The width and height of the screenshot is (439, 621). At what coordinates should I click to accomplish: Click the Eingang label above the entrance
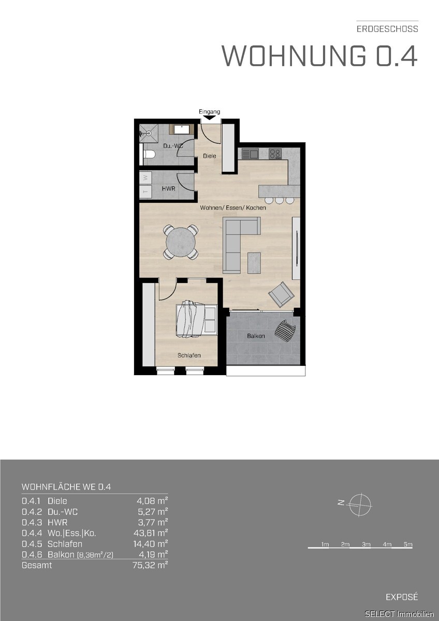(x=209, y=112)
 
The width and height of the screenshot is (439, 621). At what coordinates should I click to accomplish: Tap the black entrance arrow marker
(x=210, y=118)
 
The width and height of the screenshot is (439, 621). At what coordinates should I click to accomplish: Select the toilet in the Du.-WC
(x=149, y=154)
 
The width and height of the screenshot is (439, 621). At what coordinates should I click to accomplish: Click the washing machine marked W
(x=145, y=178)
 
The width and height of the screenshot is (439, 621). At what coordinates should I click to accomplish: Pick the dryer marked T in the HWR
(x=145, y=191)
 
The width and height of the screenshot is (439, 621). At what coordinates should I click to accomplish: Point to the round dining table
(x=181, y=242)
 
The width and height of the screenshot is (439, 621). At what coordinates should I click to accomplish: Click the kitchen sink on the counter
(x=250, y=154)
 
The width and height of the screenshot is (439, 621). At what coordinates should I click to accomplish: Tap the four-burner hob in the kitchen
(x=275, y=154)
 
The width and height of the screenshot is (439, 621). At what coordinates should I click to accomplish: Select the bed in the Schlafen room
(x=196, y=319)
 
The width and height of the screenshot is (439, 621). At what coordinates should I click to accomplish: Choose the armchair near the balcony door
(x=281, y=294)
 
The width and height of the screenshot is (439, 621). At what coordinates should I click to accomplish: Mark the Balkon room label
(x=256, y=336)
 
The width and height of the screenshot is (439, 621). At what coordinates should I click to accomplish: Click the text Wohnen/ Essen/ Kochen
(x=233, y=208)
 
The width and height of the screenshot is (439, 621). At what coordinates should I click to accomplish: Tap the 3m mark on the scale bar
(x=366, y=544)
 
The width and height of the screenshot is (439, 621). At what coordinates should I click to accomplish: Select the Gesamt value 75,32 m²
(x=150, y=565)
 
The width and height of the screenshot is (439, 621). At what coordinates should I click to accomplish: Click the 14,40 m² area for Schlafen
(x=151, y=544)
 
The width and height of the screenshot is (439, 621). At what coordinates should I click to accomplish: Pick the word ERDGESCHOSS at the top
(x=387, y=29)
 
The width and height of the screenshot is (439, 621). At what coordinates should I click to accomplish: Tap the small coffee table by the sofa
(x=254, y=262)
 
